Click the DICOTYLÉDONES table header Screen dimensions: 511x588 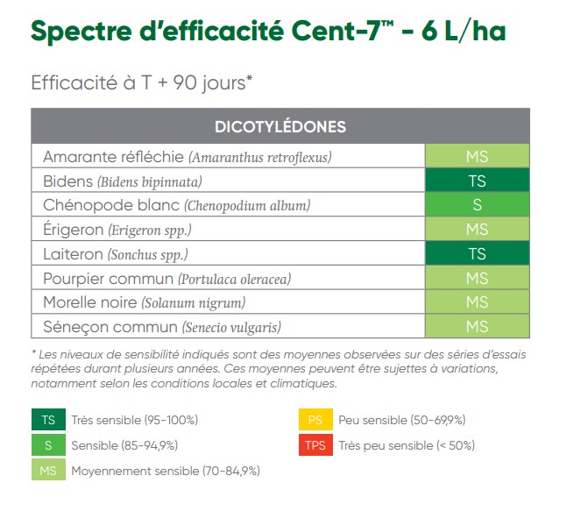tap(280, 126)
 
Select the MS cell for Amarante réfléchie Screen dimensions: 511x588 tap(477, 157)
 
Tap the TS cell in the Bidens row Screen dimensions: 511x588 tap(477, 181)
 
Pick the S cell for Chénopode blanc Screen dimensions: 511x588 tap(477, 206)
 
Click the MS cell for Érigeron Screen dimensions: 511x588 tap(477, 230)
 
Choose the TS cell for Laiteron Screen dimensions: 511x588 tap(477, 254)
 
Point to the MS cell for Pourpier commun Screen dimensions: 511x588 tap(477, 279)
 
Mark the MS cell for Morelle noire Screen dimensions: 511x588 tap(477, 302)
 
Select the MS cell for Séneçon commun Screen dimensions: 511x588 tap(477, 327)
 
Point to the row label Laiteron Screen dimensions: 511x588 tap(72, 254)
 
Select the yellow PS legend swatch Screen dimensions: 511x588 tap(315, 420)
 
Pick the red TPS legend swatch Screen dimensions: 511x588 tap(315, 444)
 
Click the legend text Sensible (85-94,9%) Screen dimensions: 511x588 tap(127, 445)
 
